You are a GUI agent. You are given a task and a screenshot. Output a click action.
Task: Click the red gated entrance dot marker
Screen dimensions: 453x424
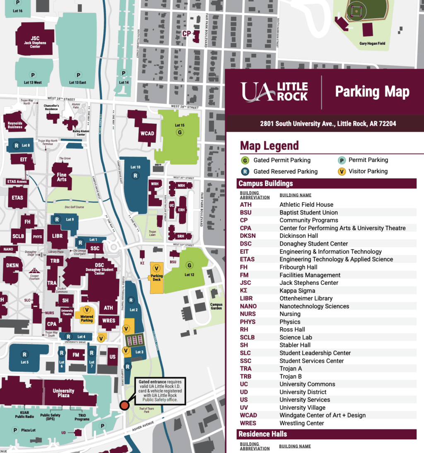124,405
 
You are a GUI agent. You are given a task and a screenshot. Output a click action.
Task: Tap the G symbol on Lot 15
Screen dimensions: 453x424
180,133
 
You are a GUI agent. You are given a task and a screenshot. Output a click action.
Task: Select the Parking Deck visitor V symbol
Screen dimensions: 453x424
157,269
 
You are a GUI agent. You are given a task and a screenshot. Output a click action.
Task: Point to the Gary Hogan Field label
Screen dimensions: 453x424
372,43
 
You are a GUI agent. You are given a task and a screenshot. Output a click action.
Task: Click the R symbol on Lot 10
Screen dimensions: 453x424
135,176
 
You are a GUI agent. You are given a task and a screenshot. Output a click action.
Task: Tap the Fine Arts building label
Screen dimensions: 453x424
61,177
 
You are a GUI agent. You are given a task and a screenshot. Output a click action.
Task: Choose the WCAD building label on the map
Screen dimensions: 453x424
147,133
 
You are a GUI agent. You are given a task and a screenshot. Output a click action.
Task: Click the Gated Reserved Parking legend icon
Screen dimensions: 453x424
246,171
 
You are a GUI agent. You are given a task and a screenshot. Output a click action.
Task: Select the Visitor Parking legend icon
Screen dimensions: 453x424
342,171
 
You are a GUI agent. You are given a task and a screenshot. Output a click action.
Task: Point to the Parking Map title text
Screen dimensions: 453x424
372,92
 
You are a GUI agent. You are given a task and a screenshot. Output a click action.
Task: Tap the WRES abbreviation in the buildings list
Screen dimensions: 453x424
248,423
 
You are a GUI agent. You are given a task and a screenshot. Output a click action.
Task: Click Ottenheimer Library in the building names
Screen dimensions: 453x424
306,298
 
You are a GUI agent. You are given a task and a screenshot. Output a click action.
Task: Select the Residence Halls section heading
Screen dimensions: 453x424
263,434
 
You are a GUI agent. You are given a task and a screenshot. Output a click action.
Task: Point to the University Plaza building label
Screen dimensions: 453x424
63,393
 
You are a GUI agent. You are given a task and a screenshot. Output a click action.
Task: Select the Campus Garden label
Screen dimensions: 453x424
216,306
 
